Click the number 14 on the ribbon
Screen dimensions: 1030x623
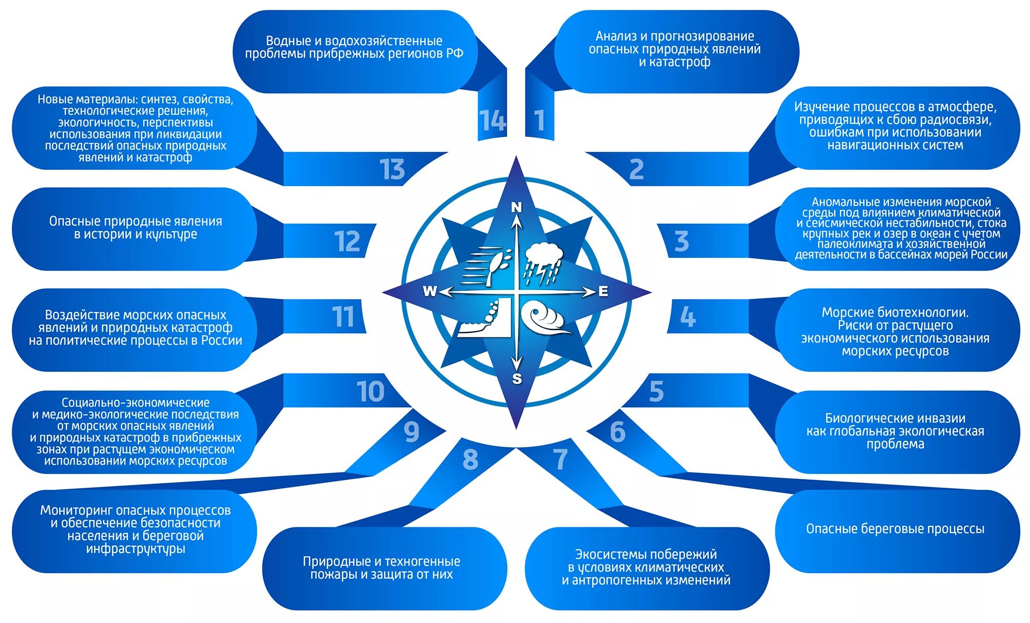coord(492,121)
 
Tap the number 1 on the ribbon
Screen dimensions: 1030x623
coord(539,121)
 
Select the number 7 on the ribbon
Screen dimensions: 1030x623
coord(560,459)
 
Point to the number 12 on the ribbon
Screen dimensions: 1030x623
coord(347,241)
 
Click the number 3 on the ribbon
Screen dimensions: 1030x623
coord(681,241)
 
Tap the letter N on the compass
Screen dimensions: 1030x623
coord(517,207)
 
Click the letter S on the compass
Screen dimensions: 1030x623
coord(517,379)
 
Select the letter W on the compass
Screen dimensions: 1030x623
coord(430,291)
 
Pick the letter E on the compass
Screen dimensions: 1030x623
coord(603,292)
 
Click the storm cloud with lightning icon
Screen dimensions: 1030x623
coord(543,263)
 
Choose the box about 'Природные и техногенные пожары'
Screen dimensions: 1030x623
coord(382,568)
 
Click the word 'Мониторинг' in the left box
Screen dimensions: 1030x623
coord(76,510)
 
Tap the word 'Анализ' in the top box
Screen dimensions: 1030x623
coord(615,36)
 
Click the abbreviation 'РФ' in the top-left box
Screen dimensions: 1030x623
coord(455,54)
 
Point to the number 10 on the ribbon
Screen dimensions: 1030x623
coord(370,392)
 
